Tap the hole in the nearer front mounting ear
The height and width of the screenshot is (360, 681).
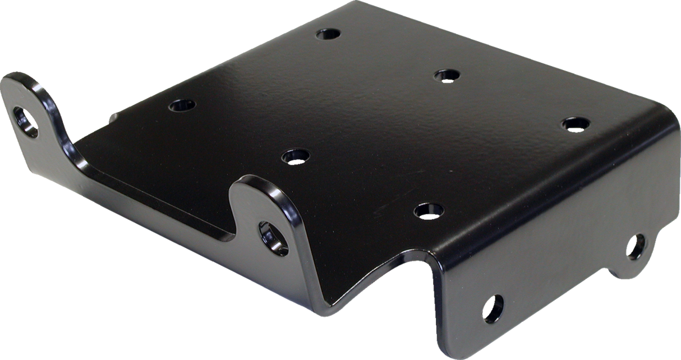pyautogui.click(x=273, y=238)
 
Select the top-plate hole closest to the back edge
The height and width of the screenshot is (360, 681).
pyautogui.click(x=328, y=34)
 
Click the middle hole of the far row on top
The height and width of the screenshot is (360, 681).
pyautogui.click(x=447, y=75)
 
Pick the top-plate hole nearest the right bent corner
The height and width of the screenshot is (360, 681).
pyautogui.click(x=576, y=124)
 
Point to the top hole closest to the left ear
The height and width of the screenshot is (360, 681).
pyautogui.click(x=181, y=105)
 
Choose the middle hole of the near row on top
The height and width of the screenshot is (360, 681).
pyautogui.click(x=295, y=155)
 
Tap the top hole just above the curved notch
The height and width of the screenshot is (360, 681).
pyautogui.click(x=429, y=210)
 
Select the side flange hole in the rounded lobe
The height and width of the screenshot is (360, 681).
pyautogui.click(x=636, y=247)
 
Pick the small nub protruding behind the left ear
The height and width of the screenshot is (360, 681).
pyautogui.click(x=112, y=116)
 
